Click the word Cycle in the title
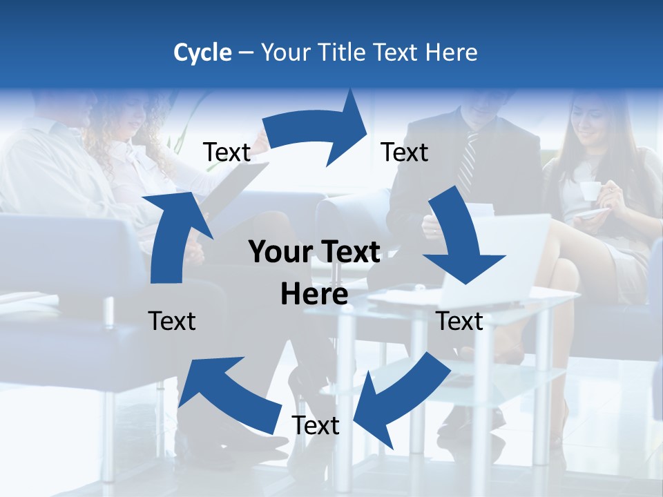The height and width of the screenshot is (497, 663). tap(202, 52)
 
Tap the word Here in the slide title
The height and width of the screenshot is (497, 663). tap(450, 52)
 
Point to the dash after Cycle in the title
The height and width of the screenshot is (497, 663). tap(246, 53)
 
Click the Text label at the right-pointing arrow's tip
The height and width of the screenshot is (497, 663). tap(405, 152)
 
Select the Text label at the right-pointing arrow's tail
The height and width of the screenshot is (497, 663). tap(227, 152)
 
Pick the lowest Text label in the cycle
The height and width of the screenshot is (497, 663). tap(316, 425)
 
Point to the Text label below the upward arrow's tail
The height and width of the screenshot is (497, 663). tap(172, 321)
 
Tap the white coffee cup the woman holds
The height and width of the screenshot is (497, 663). tap(590, 190)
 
